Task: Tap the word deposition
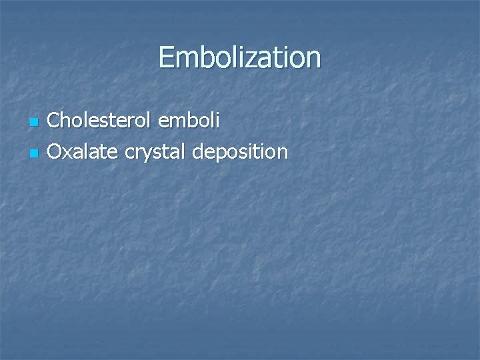240,153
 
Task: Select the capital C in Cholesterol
55,121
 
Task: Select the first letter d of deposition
197,152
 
